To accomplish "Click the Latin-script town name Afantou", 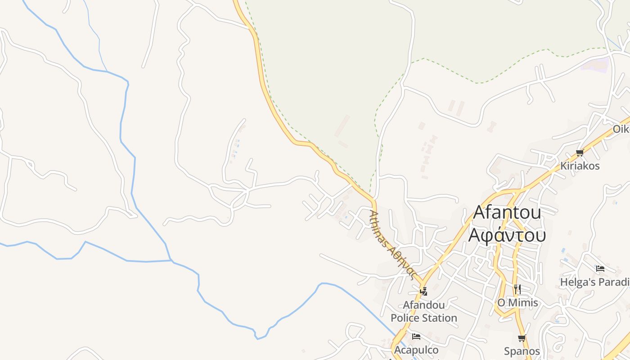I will coord(507,212).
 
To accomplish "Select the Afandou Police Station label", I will coord(423,311).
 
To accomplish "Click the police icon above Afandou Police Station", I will coord(423,291).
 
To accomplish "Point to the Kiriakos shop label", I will coord(580,166).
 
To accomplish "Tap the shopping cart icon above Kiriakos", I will coord(580,153).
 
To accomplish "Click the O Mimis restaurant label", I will coord(517,302).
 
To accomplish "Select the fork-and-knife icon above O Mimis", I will coord(517,289).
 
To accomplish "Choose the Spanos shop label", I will coord(522,351).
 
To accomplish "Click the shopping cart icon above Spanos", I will coord(522,338).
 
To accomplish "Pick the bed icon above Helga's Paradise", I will coord(600,269).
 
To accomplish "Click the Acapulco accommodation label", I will coord(416,350).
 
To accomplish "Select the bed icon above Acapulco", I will coord(416,336).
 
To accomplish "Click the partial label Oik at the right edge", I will coord(621,129).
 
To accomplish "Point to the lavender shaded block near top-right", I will coord(595,64).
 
